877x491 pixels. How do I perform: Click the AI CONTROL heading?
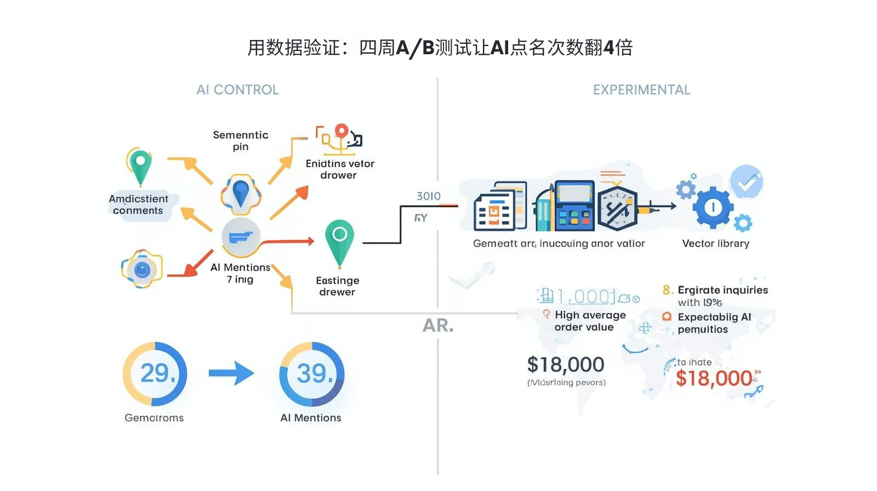click(x=237, y=90)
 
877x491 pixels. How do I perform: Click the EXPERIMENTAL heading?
click(x=641, y=90)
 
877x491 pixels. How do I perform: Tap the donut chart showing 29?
click(x=155, y=374)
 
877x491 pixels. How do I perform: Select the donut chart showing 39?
click(x=312, y=374)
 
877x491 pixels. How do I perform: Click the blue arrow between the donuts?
click(x=231, y=374)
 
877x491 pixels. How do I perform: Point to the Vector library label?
click(x=715, y=243)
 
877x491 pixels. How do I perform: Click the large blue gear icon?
click(x=713, y=208)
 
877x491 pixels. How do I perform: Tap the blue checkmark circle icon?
click(x=747, y=182)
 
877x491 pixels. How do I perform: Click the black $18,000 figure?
click(x=565, y=364)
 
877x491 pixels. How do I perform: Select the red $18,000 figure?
click(x=714, y=378)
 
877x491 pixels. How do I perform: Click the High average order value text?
click(x=589, y=321)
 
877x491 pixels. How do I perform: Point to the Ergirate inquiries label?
click(x=722, y=290)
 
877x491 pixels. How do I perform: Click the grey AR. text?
click(x=438, y=326)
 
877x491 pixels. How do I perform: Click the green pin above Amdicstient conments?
click(x=140, y=167)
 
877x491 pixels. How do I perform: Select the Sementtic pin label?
click(x=241, y=140)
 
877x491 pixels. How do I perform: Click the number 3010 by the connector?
click(x=428, y=196)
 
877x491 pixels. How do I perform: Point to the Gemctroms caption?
click(x=154, y=418)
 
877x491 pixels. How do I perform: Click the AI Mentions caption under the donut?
click(x=311, y=418)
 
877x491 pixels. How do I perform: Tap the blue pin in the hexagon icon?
click(x=241, y=193)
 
